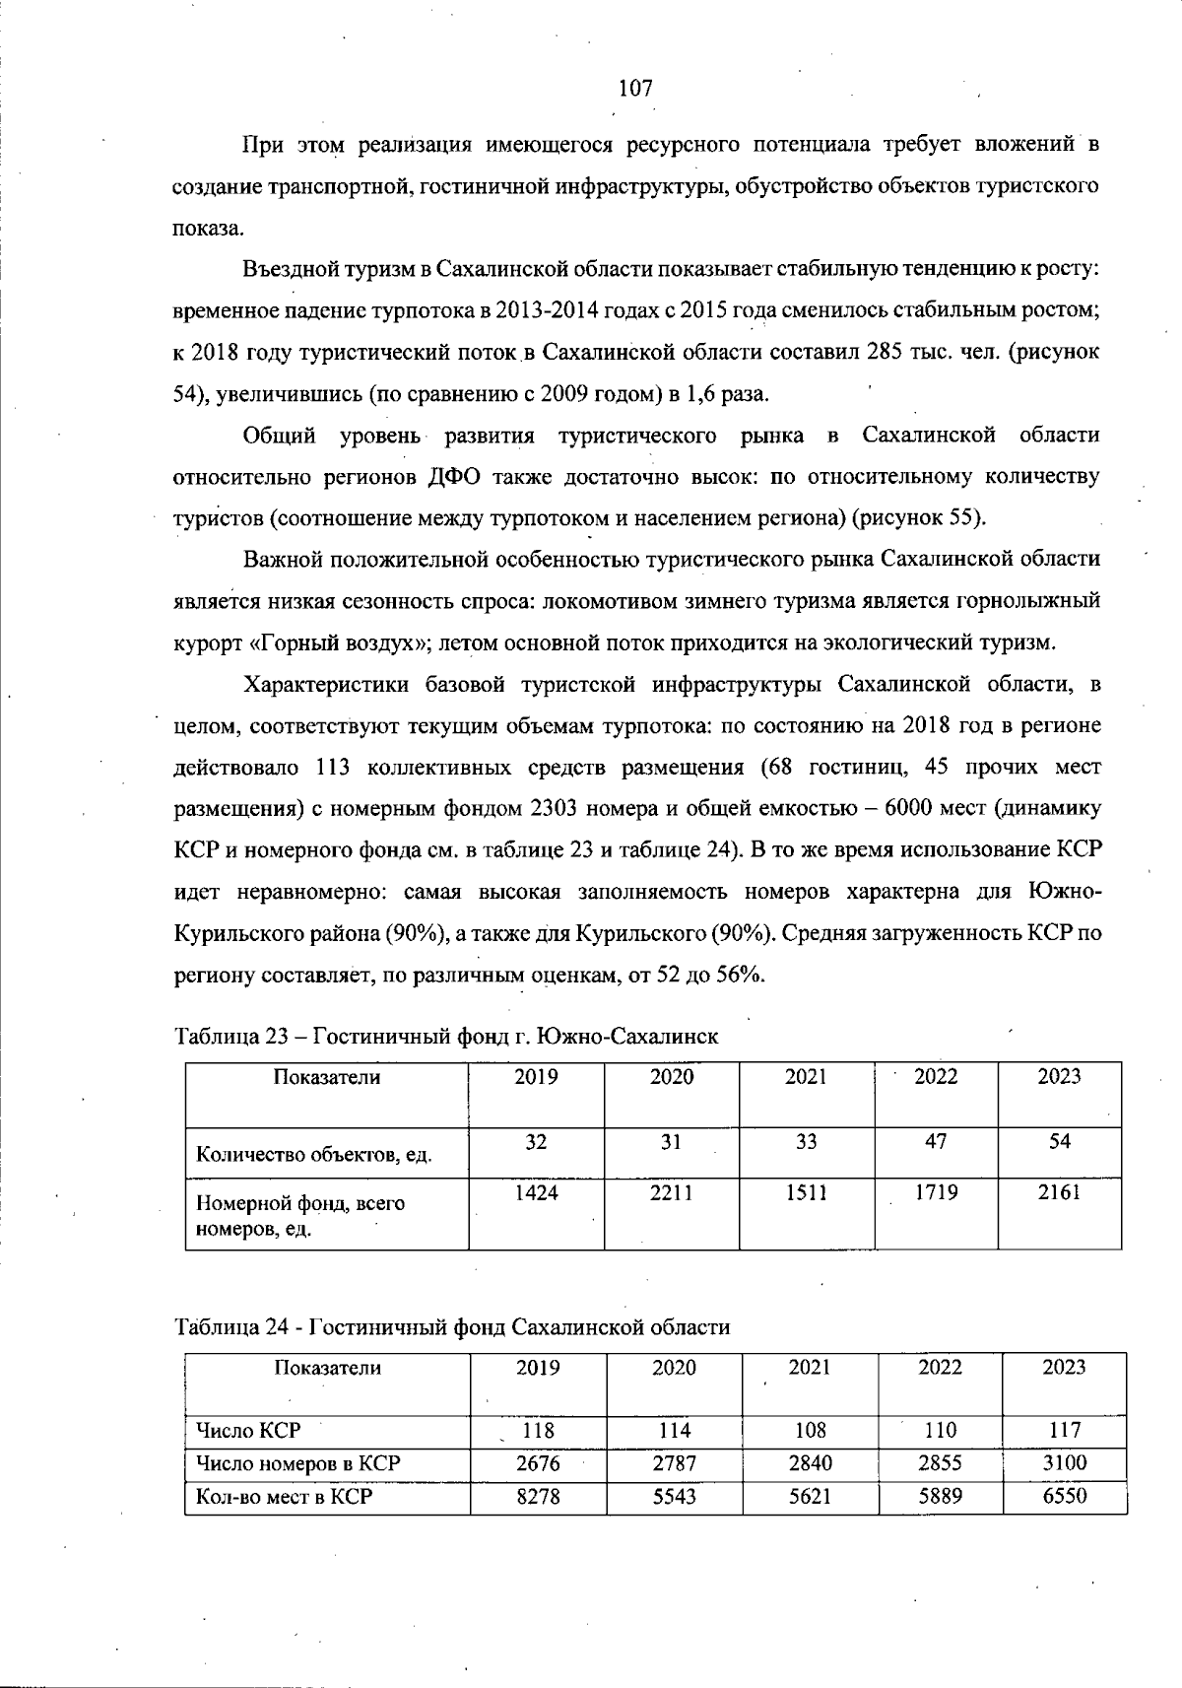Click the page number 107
(635, 89)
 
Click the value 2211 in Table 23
(672, 1193)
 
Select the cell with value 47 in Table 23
(936, 1141)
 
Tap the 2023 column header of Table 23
(1059, 1077)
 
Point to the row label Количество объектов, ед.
(314, 1154)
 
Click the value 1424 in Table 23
(536, 1193)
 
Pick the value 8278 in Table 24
(538, 1497)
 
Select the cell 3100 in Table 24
(1064, 1463)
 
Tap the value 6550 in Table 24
(1064, 1497)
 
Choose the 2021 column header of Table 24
(810, 1368)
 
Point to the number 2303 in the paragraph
(555, 809)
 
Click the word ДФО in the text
(453, 478)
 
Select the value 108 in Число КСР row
(810, 1430)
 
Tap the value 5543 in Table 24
(674, 1497)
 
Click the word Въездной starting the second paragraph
(288, 269)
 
